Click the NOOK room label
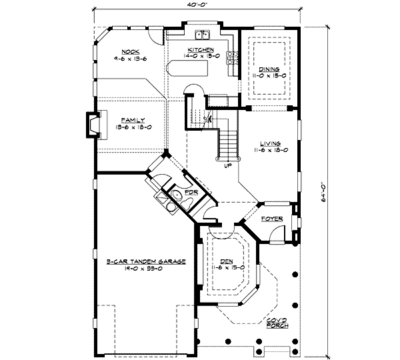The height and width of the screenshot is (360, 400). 129,51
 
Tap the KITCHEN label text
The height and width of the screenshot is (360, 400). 200,50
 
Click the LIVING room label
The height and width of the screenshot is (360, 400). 270,143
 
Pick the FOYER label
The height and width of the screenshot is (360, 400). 272,218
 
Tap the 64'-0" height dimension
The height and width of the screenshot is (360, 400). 321,189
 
